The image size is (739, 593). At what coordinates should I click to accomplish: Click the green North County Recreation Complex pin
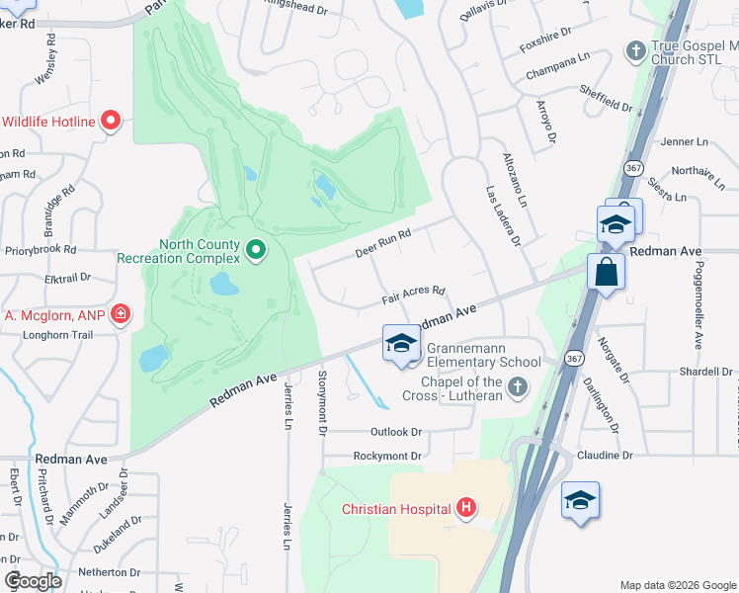click(256, 249)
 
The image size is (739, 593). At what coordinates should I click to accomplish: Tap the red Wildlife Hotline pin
click(111, 122)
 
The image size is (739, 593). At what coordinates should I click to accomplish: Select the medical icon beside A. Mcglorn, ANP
click(121, 315)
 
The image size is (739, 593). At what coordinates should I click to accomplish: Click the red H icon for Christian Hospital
click(466, 510)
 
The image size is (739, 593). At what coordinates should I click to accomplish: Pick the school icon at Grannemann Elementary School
click(401, 343)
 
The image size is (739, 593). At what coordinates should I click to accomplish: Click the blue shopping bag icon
click(605, 271)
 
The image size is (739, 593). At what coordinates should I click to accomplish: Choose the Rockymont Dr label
click(387, 457)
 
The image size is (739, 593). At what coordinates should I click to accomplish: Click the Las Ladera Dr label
click(503, 216)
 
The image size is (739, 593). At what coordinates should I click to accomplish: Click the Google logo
click(33, 581)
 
